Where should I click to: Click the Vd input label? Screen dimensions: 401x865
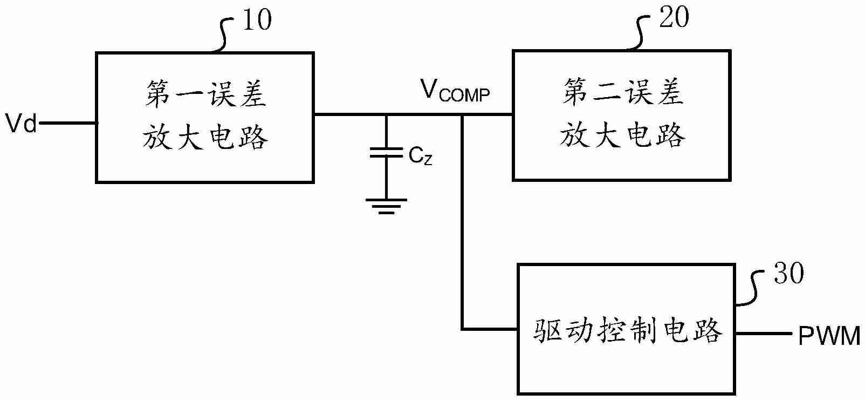[20, 124]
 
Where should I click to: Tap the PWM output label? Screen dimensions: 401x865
[829, 337]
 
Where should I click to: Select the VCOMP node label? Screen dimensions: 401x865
[455, 91]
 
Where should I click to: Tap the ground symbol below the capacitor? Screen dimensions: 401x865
[386, 206]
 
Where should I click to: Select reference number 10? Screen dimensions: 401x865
[257, 21]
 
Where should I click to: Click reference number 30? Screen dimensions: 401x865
[788, 274]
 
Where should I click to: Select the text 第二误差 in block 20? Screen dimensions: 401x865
[622, 93]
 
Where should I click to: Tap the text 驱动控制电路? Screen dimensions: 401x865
[628, 331]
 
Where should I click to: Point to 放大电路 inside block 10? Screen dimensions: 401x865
[205, 137]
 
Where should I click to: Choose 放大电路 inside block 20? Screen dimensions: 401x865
[622, 134]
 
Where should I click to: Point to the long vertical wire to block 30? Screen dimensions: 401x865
[462, 227]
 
